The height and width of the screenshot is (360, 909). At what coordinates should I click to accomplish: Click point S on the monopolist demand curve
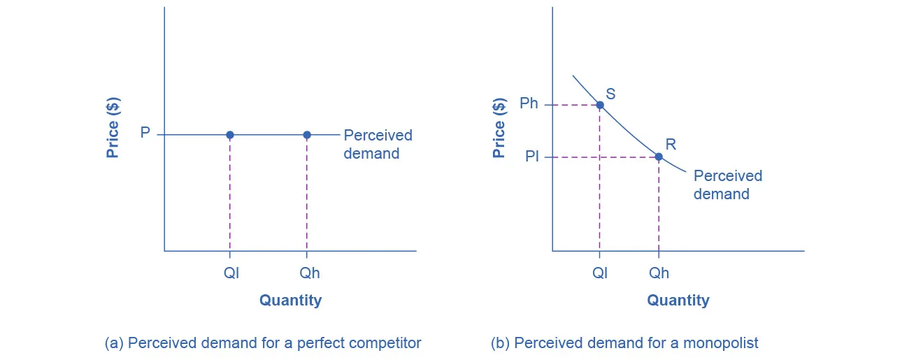click(x=599, y=105)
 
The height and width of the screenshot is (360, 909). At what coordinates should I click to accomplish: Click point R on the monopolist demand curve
click(x=658, y=157)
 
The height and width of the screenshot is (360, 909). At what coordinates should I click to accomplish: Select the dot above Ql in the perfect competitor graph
click(x=230, y=134)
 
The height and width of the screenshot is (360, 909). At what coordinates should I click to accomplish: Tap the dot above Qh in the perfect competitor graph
click(x=306, y=134)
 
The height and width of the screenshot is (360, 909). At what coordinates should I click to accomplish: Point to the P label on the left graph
click(x=145, y=133)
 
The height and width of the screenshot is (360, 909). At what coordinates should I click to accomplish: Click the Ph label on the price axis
click(x=529, y=103)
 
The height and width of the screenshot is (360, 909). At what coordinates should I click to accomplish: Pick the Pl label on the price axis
click(x=531, y=157)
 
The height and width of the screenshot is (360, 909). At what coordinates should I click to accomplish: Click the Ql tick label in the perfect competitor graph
click(x=231, y=273)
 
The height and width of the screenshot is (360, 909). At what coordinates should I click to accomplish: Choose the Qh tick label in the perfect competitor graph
click(x=309, y=273)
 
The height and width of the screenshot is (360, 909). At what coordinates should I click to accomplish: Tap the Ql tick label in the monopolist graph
click(x=600, y=273)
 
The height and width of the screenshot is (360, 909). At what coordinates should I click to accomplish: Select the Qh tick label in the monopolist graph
click(x=659, y=273)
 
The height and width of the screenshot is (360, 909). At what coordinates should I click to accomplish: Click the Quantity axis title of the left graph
click(x=290, y=301)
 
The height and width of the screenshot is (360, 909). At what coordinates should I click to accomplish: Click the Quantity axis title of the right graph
click(x=678, y=301)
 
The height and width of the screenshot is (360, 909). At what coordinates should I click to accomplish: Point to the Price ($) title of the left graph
click(x=113, y=127)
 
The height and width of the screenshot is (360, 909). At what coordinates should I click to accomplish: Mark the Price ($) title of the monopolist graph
click(x=499, y=128)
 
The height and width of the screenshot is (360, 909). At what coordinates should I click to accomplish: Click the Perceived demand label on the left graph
click(x=378, y=144)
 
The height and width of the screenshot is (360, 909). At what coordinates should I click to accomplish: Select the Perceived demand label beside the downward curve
click(x=727, y=185)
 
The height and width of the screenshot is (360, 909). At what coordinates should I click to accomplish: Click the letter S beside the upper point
click(x=610, y=93)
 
